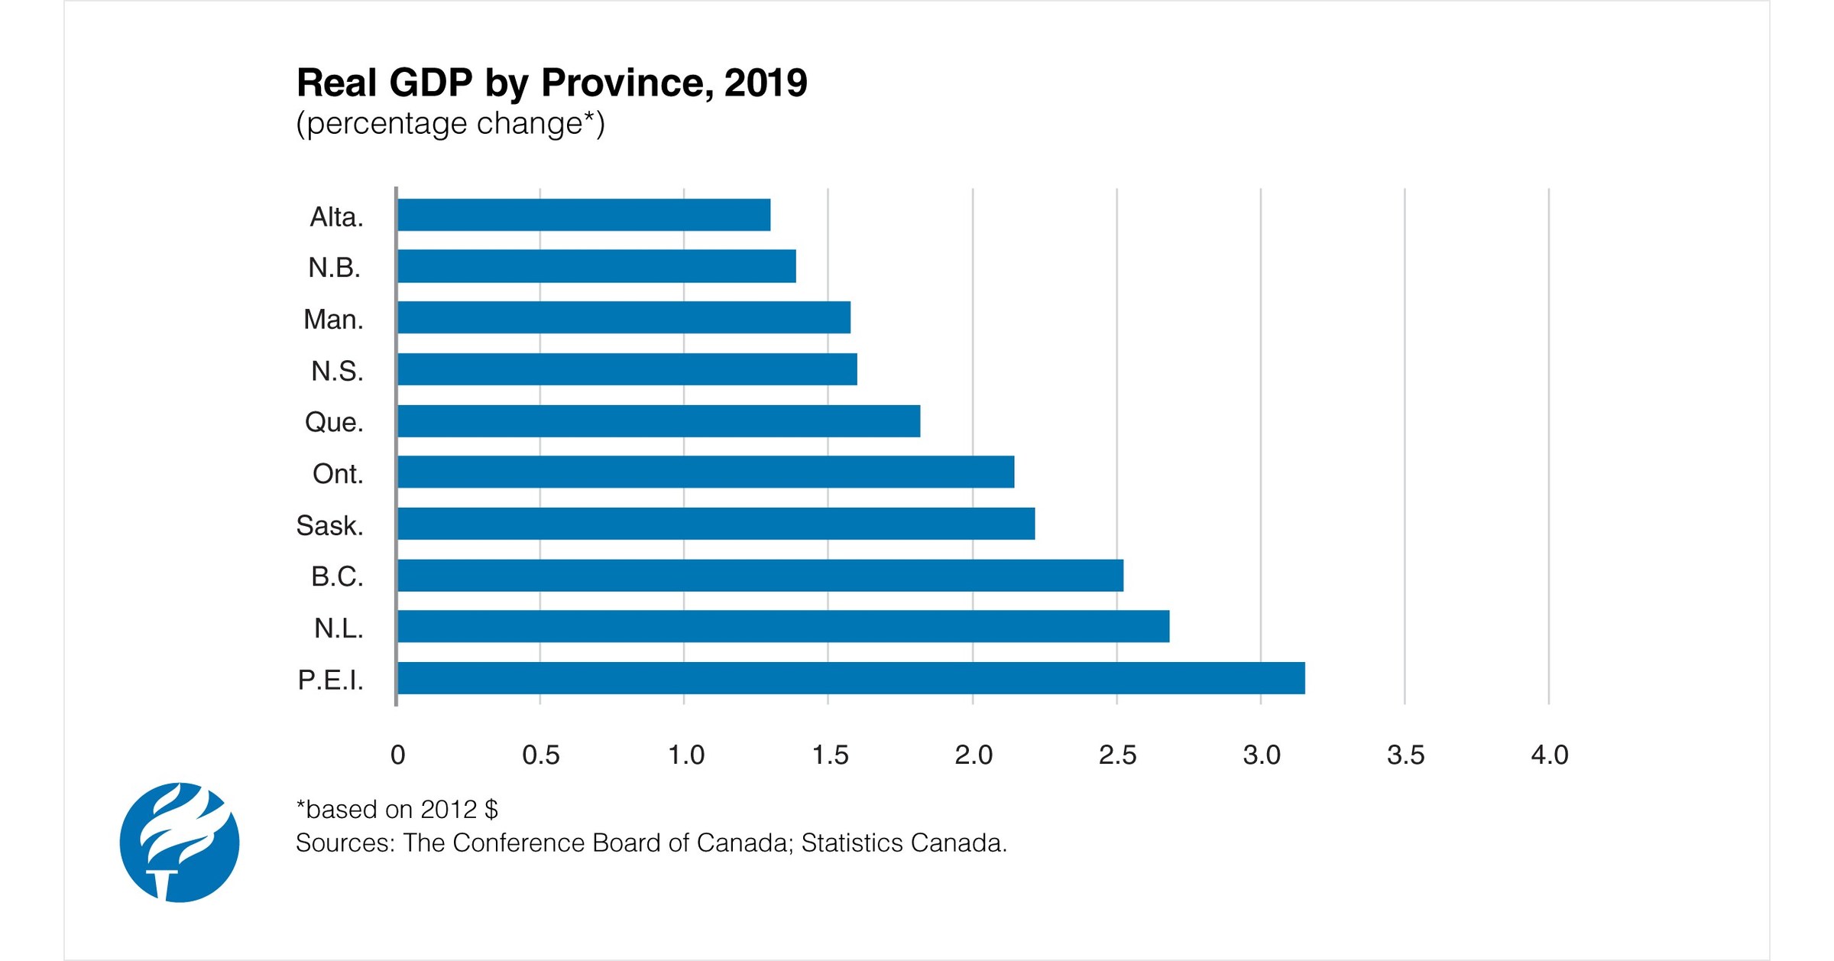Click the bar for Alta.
[584, 215]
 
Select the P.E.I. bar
[851, 678]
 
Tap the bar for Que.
[659, 421]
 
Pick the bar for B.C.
[760, 575]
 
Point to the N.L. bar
[783, 626]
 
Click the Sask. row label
[329, 525]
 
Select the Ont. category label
[337, 474]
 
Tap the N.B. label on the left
[334, 268]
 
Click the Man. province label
[333, 320]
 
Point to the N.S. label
[336, 371]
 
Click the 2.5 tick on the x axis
[1117, 755]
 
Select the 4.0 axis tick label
[1549, 755]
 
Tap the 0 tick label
[397, 755]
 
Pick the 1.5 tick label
[829, 755]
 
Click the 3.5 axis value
[1405, 755]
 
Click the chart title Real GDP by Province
[551, 83]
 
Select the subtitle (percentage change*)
[450, 123]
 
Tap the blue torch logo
[180, 842]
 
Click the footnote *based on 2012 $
[397, 809]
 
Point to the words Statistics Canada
[903, 842]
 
